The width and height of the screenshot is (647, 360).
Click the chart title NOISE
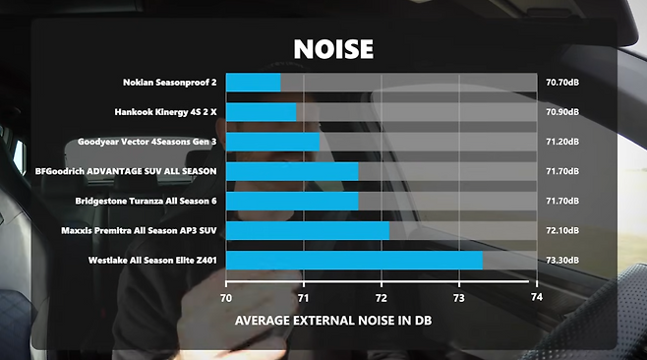(333, 49)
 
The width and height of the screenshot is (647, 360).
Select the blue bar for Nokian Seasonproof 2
(254, 83)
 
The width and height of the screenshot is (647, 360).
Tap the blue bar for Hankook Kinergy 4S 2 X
(262, 112)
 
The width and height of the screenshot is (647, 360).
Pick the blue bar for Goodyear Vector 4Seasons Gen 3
(272, 142)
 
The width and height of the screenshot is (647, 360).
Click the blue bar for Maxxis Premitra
(308, 230)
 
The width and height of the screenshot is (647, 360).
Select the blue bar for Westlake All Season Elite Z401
(354, 260)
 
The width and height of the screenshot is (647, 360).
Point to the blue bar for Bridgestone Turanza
(292, 201)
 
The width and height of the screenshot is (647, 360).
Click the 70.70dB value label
(562, 83)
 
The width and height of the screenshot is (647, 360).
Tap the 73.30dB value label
(562, 260)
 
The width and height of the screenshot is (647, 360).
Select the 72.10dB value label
(562, 230)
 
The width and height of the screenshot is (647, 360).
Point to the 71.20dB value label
(562, 142)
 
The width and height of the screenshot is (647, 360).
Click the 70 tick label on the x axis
(226, 298)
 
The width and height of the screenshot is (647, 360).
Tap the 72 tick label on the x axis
(382, 298)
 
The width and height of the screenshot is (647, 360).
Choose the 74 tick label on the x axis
(537, 297)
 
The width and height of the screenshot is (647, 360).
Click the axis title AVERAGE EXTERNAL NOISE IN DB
(333, 321)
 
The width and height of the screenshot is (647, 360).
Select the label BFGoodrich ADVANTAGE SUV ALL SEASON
(126, 171)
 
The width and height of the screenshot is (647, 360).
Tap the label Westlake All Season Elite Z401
(152, 260)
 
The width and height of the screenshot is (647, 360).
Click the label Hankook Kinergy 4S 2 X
(165, 112)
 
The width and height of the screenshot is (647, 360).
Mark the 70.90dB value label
(562, 112)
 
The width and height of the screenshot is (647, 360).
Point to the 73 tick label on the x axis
(459, 298)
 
